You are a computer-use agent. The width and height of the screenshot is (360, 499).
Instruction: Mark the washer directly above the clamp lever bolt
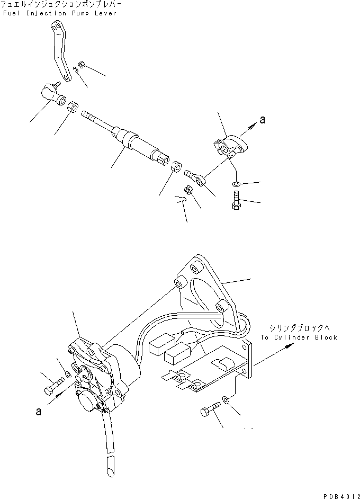click(236, 184)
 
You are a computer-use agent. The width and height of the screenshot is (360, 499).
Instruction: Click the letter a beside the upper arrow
click(263, 120)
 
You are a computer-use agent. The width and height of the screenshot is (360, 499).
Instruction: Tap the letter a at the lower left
click(39, 411)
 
